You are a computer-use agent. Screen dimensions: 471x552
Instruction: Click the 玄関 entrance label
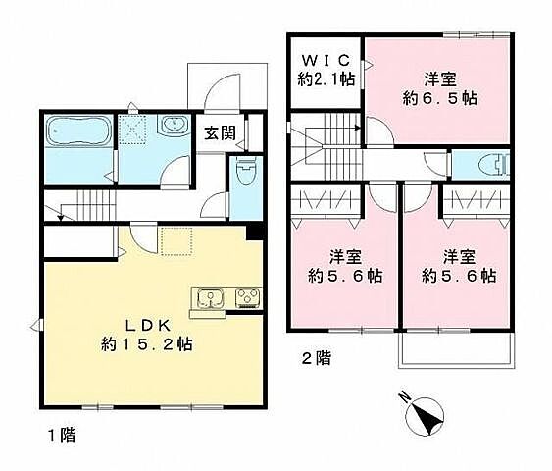coord(220,132)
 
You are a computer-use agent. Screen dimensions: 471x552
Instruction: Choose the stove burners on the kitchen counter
coord(246,296)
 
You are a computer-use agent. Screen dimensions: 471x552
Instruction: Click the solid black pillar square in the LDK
coord(254,233)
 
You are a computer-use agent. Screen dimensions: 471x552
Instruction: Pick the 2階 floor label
coord(314,359)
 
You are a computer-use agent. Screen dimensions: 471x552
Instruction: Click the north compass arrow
coord(429,413)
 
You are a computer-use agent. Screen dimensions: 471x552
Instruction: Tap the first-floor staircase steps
coord(90,207)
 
